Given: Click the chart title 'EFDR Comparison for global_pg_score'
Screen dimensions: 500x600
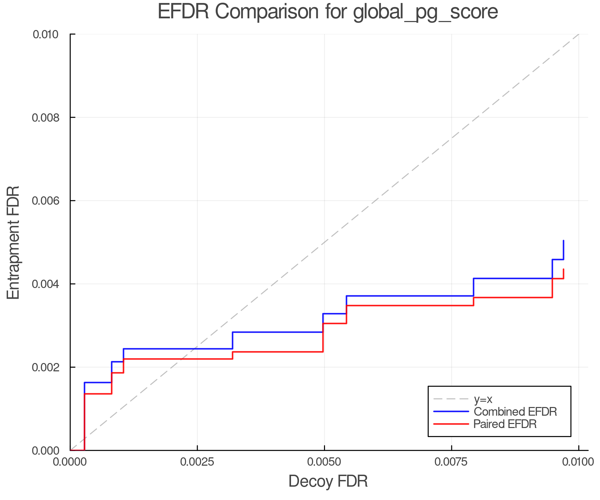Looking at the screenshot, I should pyautogui.click(x=328, y=12).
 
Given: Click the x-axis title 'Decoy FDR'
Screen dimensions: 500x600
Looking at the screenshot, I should pyautogui.click(x=328, y=481).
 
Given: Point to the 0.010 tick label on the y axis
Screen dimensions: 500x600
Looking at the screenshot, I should pyautogui.click(x=45, y=34).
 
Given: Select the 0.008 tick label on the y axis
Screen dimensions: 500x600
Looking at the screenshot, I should pyautogui.click(x=45, y=118).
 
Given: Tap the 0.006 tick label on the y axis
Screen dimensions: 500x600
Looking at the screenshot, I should pyautogui.click(x=45, y=201).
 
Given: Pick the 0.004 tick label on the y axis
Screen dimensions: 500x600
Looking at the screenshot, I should pyautogui.click(x=45, y=284).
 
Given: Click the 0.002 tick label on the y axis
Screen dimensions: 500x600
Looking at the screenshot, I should pyautogui.click(x=45, y=367).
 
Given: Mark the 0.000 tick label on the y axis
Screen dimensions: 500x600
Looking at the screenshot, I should pyautogui.click(x=45, y=451).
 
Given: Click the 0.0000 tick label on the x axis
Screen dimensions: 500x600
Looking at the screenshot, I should pyautogui.click(x=70, y=462).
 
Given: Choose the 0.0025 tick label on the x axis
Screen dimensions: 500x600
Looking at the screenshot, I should pyautogui.click(x=197, y=462).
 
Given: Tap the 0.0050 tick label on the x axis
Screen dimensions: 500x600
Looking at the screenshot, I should pyautogui.click(x=324, y=462).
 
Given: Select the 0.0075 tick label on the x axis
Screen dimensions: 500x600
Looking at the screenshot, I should pyautogui.click(x=451, y=462).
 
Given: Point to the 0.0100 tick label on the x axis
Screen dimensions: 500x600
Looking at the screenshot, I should pyautogui.click(x=578, y=462).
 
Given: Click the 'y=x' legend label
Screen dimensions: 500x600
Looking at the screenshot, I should pyautogui.click(x=483, y=399).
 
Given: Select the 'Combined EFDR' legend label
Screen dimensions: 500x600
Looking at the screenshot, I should pyautogui.click(x=515, y=412).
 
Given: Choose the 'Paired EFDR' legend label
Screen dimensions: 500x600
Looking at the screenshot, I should pyautogui.click(x=505, y=424).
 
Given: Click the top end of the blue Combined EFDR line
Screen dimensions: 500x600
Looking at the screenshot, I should pyautogui.click(x=563, y=241).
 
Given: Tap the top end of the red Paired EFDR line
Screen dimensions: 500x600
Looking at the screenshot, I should pyautogui.click(x=563, y=269).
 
